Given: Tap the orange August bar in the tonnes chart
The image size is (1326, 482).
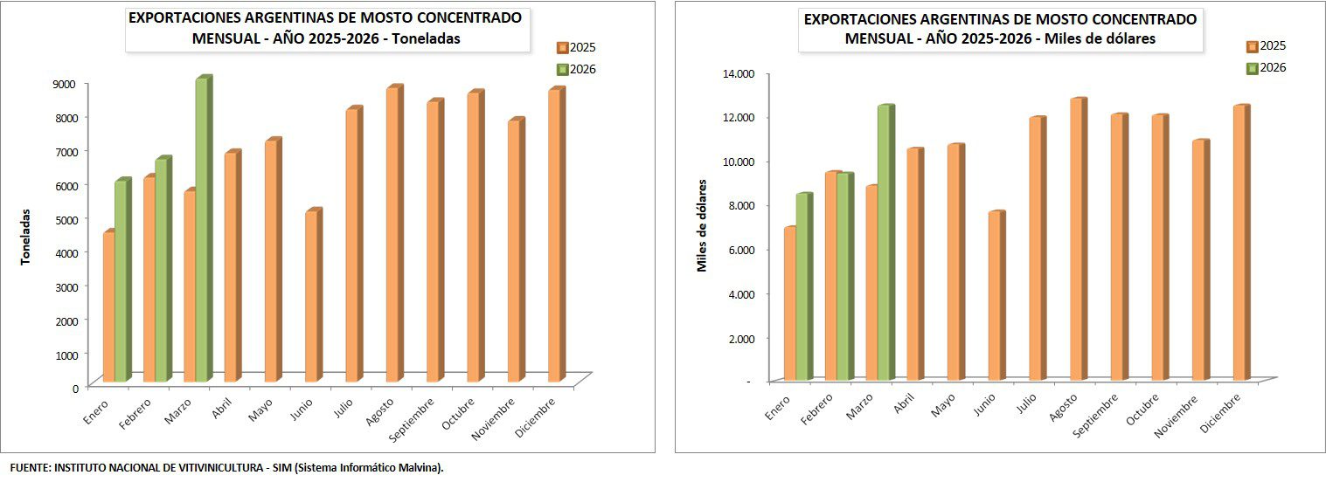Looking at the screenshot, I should pyautogui.click(x=393, y=235).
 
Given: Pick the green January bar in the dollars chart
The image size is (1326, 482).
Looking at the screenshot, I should pyautogui.click(x=802, y=287).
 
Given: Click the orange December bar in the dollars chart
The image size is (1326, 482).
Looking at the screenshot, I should pyautogui.click(x=1240, y=244).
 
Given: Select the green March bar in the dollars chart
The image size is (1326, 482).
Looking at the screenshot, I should pyautogui.click(x=884, y=244).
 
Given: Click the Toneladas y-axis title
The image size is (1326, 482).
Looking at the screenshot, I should pyautogui.click(x=26, y=236).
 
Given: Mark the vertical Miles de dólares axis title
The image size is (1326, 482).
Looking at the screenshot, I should pyautogui.click(x=702, y=225).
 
